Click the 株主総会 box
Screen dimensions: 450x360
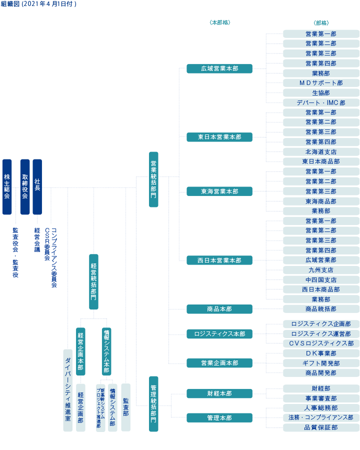[x=7, y=186]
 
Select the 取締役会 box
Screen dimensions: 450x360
[x=25, y=186]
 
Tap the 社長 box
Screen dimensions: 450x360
[x=37, y=186]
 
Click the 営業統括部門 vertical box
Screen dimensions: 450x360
[x=153, y=179]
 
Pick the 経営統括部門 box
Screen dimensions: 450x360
[x=93, y=281]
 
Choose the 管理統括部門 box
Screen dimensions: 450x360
[x=153, y=403]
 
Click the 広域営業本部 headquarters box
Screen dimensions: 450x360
[x=219, y=68]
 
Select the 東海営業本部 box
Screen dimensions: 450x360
[x=219, y=191]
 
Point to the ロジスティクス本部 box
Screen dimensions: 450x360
[x=219, y=333]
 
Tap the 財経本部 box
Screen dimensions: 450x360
[x=219, y=393]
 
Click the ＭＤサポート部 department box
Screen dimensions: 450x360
[x=321, y=83]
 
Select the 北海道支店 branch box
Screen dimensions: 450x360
[x=321, y=152]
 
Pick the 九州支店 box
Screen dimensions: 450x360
[x=321, y=270]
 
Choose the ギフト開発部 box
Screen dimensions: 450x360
[x=321, y=363]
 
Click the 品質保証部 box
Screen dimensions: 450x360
[x=321, y=427]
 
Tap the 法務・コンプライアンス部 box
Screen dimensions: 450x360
[x=321, y=417]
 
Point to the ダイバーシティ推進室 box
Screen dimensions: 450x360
[x=67, y=390]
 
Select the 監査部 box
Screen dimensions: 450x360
[x=126, y=407]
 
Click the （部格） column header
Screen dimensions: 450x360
[x=321, y=23]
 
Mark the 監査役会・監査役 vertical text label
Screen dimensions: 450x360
[x=15, y=252]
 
